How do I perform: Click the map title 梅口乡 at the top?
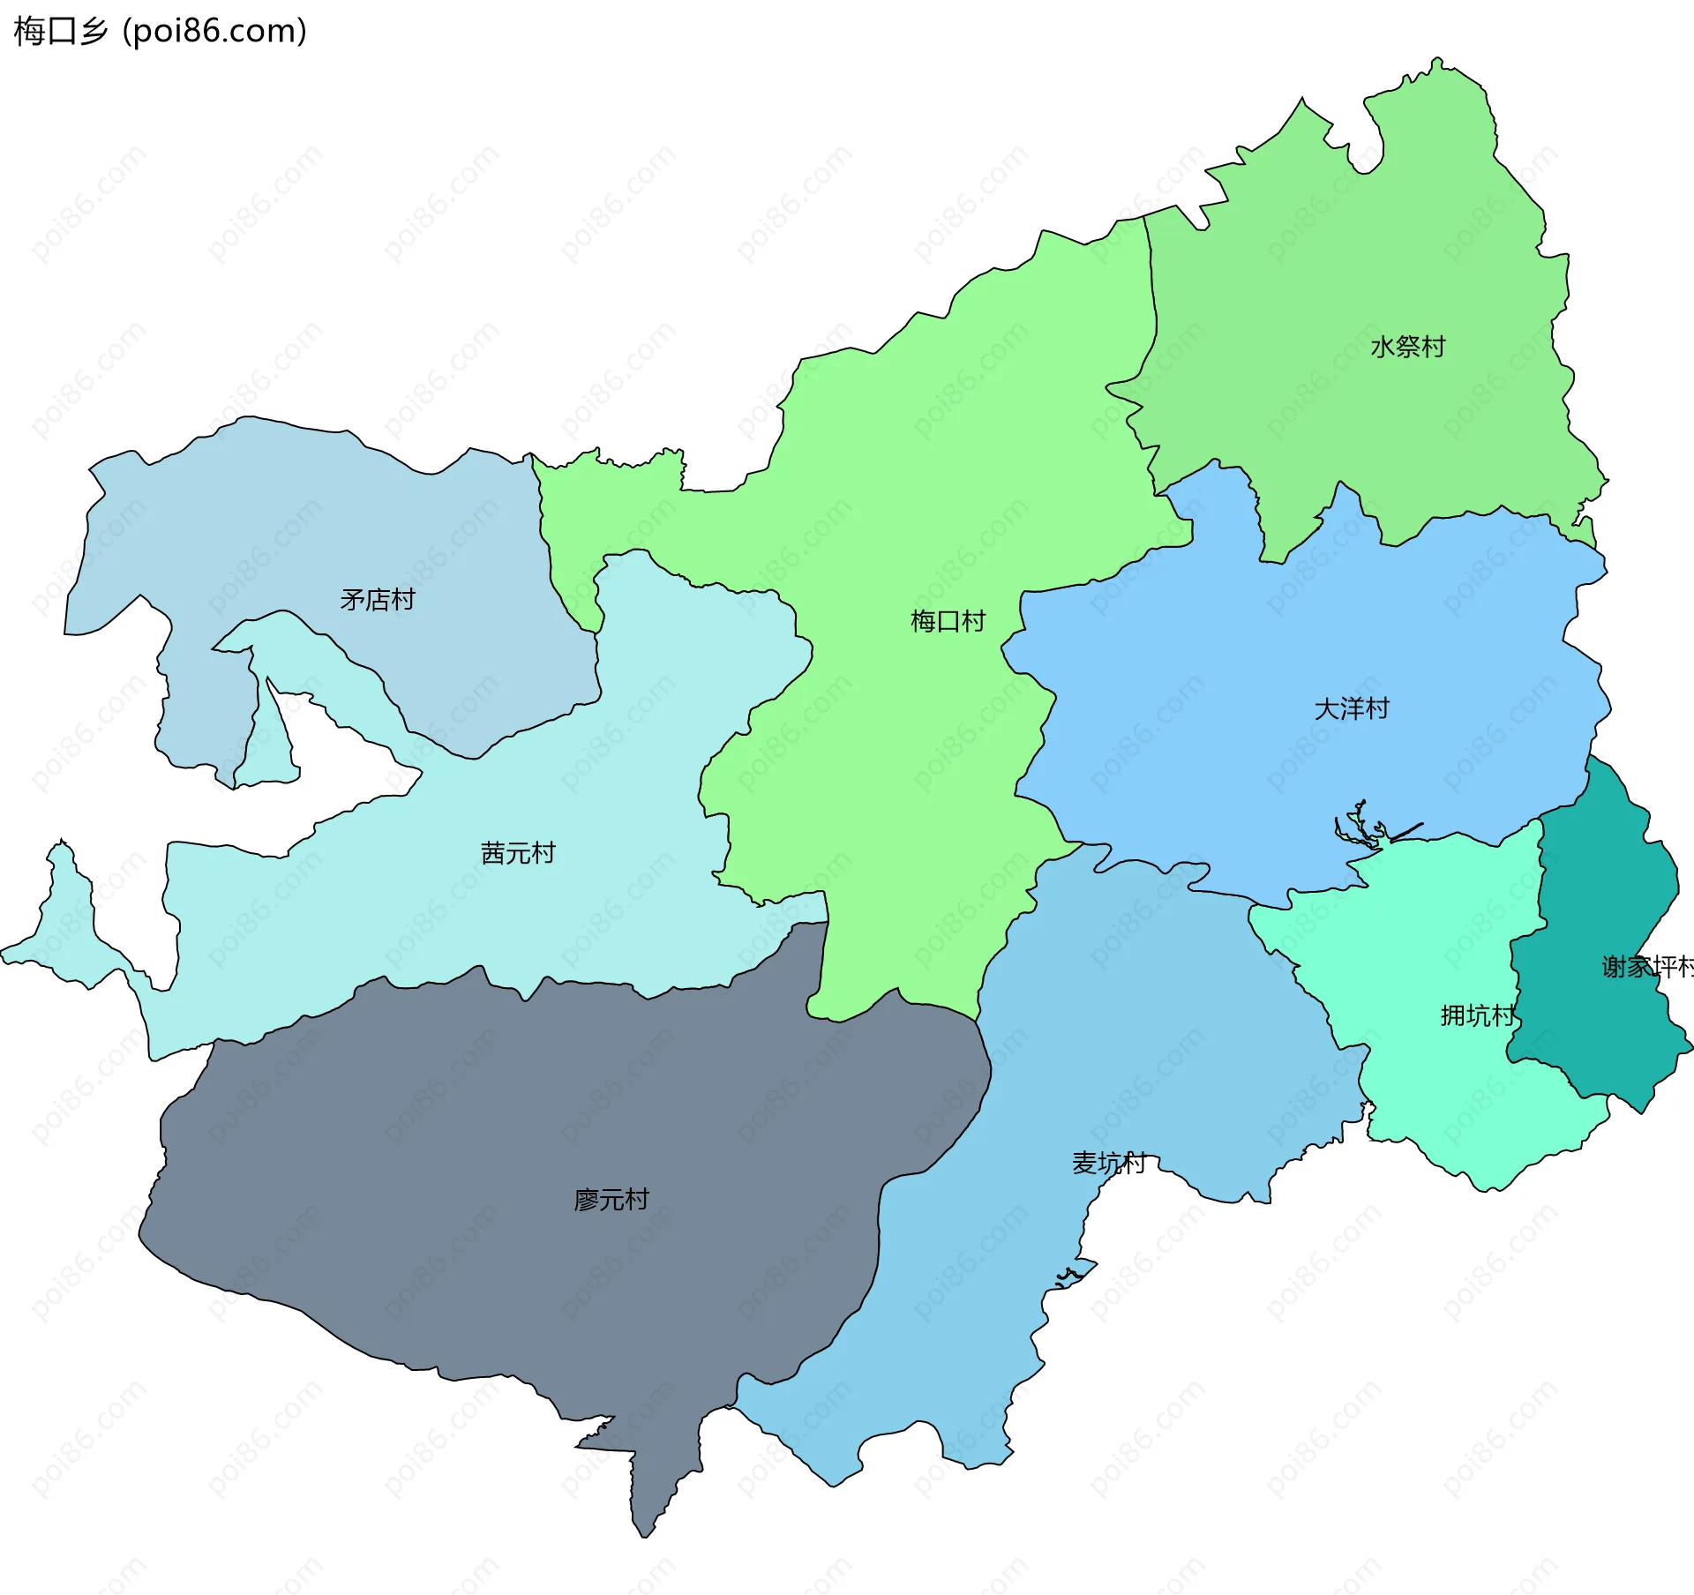coord(60,32)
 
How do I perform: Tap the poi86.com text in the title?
coord(214,32)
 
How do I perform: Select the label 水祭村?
coord(1407,347)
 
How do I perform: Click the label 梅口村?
coord(948,621)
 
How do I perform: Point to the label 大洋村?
coord(1352,708)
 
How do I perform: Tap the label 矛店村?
coord(378,600)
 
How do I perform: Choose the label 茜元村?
coord(518,853)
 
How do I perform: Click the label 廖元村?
coord(611,1200)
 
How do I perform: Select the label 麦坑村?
coord(1109,1163)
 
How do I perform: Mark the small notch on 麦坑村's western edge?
coord(1072,1275)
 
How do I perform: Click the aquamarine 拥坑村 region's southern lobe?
coord(1491,1147)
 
